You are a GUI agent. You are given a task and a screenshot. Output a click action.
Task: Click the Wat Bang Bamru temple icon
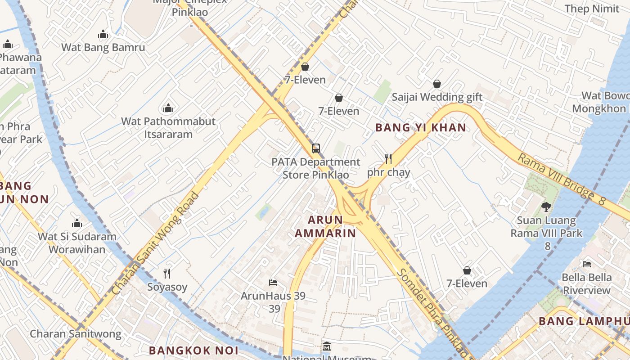103,35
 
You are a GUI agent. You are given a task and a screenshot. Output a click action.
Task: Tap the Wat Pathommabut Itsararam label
168,128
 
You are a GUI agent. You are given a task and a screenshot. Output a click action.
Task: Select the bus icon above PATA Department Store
316,148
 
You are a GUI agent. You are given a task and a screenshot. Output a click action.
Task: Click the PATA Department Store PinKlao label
315,168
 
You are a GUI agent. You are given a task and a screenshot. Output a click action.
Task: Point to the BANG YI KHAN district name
421,128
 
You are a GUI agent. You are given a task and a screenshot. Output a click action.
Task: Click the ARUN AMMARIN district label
325,226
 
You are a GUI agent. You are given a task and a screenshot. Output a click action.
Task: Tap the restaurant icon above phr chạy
388,159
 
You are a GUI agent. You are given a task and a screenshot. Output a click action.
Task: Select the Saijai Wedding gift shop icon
436,84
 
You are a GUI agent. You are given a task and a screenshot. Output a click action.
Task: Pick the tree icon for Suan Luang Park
546,207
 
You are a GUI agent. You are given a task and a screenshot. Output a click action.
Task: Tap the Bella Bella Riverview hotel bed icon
587,264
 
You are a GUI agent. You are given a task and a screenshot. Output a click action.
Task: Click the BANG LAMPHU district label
584,321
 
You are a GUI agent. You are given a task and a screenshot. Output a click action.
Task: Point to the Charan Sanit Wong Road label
155,243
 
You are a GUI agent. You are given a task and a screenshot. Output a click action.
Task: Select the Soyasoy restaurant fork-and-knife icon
167,274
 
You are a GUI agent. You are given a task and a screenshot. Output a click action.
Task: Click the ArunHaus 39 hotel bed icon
273,283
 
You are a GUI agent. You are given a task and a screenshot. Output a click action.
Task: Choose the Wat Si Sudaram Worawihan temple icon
77,223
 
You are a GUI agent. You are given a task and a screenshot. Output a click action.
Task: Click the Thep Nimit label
592,9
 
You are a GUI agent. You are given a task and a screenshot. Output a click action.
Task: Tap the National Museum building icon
327,347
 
